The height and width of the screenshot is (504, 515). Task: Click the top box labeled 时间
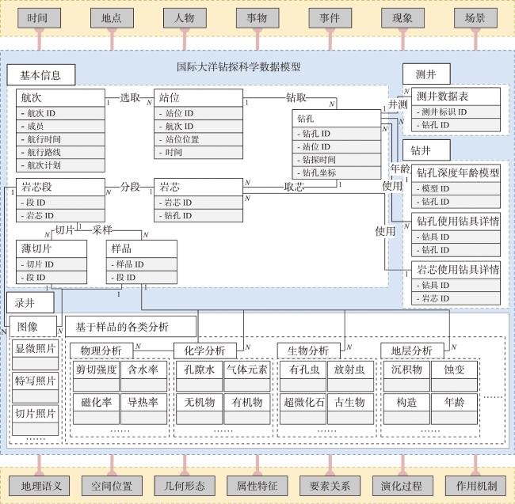pos(39,18)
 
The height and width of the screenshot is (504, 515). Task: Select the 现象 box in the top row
pos(402,18)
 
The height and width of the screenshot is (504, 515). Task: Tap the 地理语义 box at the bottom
pos(40,486)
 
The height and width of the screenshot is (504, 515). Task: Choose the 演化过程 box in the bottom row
pos(402,486)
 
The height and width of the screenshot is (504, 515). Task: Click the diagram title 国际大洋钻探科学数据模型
pos(238,67)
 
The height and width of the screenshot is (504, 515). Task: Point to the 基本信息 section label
pos(41,74)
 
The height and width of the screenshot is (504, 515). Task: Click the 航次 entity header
pos(60,98)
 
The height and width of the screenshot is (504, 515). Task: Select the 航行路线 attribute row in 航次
pos(60,153)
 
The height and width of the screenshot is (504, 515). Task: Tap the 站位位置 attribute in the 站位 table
pos(198,139)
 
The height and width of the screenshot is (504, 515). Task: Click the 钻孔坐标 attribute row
pos(336,172)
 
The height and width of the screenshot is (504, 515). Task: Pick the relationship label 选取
pos(130,97)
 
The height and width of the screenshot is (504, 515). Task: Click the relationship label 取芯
pos(294,187)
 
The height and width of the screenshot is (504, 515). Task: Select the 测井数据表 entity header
pos(456,97)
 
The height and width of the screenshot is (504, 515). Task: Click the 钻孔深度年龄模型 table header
pos(456,172)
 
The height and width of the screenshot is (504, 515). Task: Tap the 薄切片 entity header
pos(51,248)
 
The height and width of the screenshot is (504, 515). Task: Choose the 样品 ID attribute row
pos(142,264)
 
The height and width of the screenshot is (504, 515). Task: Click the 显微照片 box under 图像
pos(35,348)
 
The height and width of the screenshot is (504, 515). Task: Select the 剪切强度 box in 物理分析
pos(96,369)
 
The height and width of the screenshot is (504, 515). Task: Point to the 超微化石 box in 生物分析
pos(303,402)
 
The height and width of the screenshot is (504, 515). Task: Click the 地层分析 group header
pos(412,351)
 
